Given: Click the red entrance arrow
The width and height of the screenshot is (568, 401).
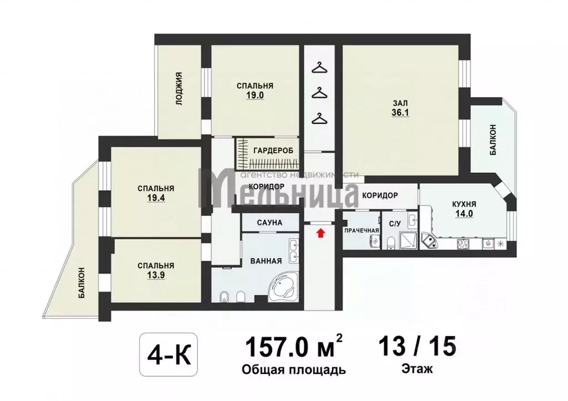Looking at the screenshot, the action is point(319,233).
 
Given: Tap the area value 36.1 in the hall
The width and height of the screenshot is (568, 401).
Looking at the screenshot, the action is point(400,113).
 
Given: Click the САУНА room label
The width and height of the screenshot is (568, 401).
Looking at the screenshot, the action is point(269,222).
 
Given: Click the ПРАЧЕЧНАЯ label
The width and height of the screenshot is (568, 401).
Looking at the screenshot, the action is point(361,230).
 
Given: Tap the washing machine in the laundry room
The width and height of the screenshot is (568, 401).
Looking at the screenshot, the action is point(374,242).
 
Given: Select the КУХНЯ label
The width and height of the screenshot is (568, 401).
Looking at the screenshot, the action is point(464,204).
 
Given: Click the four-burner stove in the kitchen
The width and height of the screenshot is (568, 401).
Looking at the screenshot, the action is point(463,244).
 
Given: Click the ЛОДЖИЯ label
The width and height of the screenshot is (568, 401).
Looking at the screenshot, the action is point(179,89).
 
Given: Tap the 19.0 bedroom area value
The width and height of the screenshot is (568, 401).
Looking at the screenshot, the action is point(255,96).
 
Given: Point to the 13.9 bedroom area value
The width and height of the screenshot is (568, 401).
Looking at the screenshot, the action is point(156,275).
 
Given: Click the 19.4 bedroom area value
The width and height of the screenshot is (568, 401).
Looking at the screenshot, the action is point(156,198).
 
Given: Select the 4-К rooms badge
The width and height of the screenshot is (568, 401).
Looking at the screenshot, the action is point(168,354).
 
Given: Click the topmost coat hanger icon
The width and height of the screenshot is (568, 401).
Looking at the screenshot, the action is point(319,68).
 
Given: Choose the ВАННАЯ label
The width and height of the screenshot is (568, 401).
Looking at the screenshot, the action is point(267,261).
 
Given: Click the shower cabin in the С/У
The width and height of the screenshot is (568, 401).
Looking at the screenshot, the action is point(408,240).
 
